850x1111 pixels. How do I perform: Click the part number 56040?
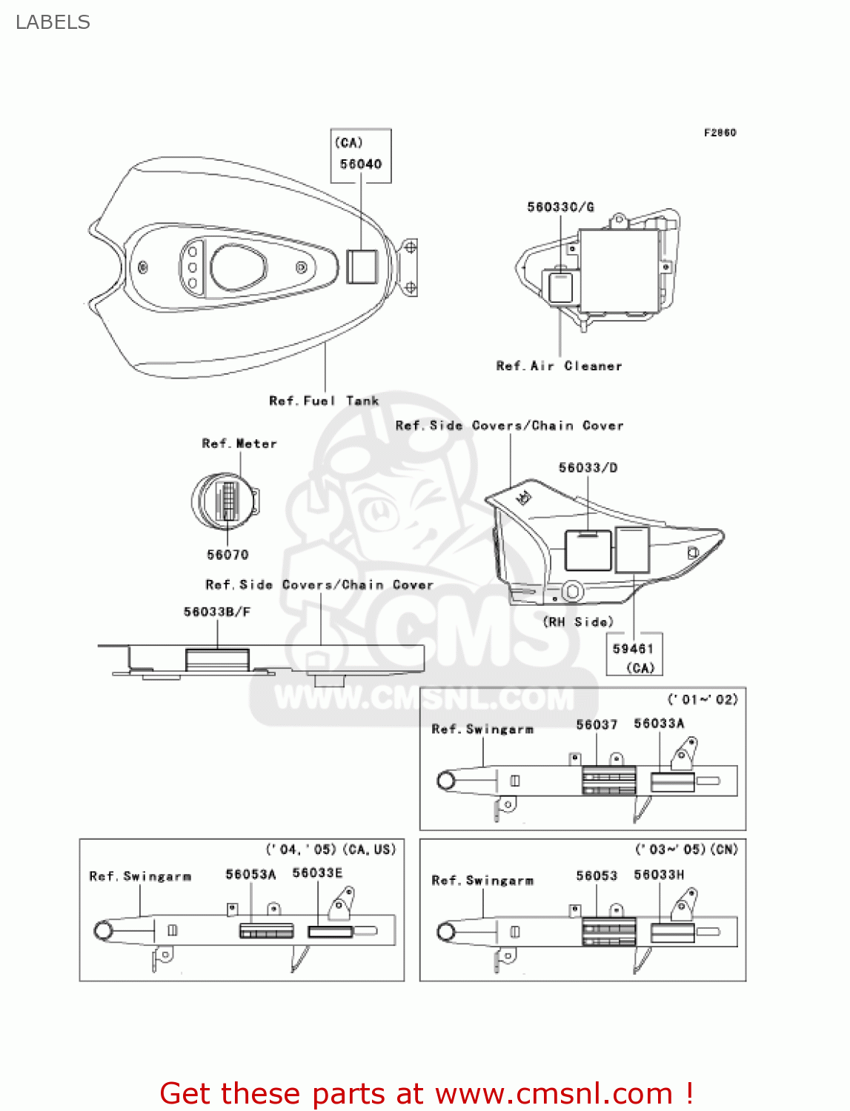pyautogui.click(x=361, y=164)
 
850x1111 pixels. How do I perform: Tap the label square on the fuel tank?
pyautogui.click(x=362, y=267)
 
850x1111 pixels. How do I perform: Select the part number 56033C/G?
pyautogui.click(x=560, y=207)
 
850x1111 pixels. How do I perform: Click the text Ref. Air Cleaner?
pyautogui.click(x=559, y=366)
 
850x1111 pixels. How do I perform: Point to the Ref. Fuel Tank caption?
pyautogui.click(x=324, y=401)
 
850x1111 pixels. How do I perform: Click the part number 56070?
pyautogui.click(x=228, y=555)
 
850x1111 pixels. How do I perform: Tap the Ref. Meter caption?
pyautogui.click(x=239, y=444)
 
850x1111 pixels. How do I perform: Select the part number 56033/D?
pyautogui.click(x=588, y=468)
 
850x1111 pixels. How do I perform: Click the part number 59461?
pyautogui.click(x=633, y=649)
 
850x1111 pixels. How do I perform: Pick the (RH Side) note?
pyautogui.click(x=578, y=622)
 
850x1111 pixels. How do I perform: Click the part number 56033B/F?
pyautogui.click(x=217, y=612)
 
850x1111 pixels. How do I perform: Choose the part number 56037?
pyautogui.click(x=597, y=724)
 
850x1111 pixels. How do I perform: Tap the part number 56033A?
pyautogui.click(x=659, y=724)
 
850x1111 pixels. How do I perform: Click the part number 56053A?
pyautogui.click(x=250, y=875)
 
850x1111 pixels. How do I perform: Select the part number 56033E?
pyautogui.click(x=317, y=873)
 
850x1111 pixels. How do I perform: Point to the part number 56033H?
pyautogui.click(x=659, y=875)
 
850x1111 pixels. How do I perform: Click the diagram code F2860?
pyautogui.click(x=720, y=133)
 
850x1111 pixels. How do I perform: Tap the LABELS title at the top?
pyautogui.click(x=53, y=23)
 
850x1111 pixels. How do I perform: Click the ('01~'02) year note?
pyautogui.click(x=703, y=700)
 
